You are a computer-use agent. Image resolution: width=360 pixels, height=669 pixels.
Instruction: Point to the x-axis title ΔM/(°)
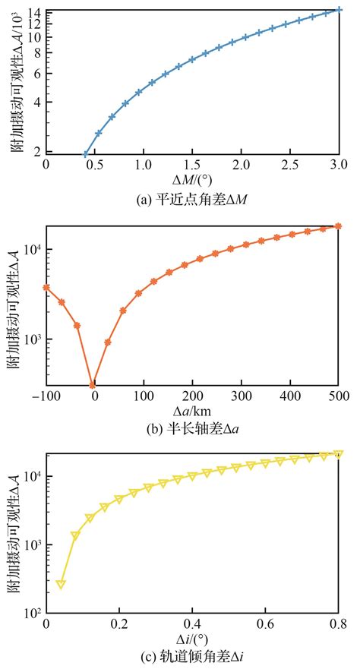click(x=193, y=179)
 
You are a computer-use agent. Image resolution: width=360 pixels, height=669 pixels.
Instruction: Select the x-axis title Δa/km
click(x=193, y=410)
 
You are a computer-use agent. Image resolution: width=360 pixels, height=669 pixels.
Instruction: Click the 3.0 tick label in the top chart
click(x=339, y=165)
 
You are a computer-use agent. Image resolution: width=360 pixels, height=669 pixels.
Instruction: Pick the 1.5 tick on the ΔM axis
click(x=192, y=165)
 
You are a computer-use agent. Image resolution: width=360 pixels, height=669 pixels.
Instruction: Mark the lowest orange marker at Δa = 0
click(x=93, y=385)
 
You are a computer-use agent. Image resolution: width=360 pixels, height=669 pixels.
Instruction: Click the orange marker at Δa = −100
click(x=46, y=288)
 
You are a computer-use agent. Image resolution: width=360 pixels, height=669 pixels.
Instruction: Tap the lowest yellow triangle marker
click(x=61, y=584)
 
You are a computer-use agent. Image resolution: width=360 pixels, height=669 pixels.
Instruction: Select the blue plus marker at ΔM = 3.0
click(x=339, y=10)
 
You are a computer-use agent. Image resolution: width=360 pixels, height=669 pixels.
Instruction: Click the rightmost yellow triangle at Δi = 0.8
click(x=339, y=454)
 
